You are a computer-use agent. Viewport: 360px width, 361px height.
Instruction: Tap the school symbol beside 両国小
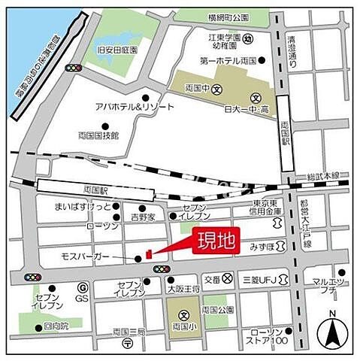click(x=183, y=315)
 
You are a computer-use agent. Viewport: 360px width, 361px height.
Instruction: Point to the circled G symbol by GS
click(x=84, y=287)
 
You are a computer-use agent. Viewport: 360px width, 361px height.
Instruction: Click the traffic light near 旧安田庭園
click(x=73, y=68)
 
